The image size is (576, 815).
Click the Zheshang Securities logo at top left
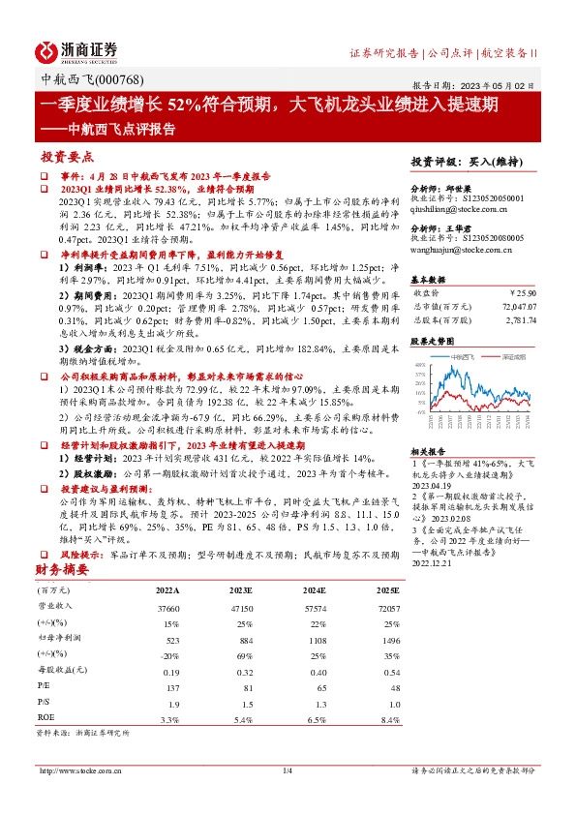(76, 51)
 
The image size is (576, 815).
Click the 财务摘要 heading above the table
(64, 570)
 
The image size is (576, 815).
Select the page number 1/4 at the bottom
(287, 770)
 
